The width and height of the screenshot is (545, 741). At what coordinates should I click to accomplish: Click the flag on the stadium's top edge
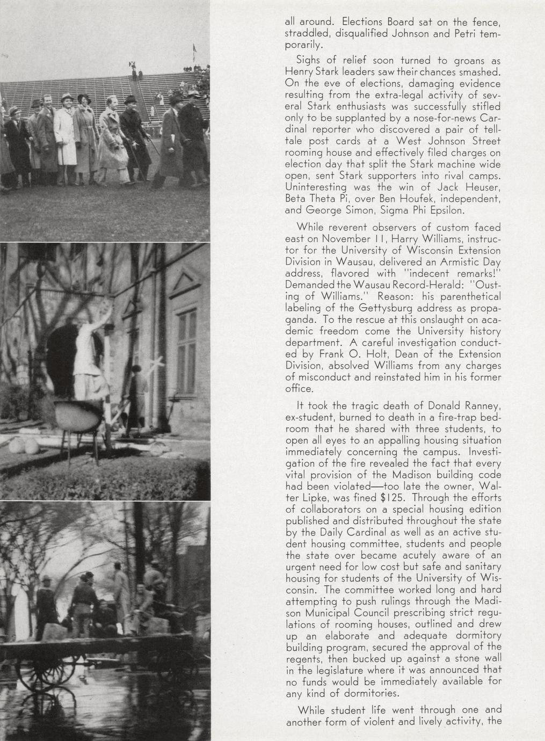(193, 52)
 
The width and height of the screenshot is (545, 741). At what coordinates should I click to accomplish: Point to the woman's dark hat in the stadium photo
(84, 98)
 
